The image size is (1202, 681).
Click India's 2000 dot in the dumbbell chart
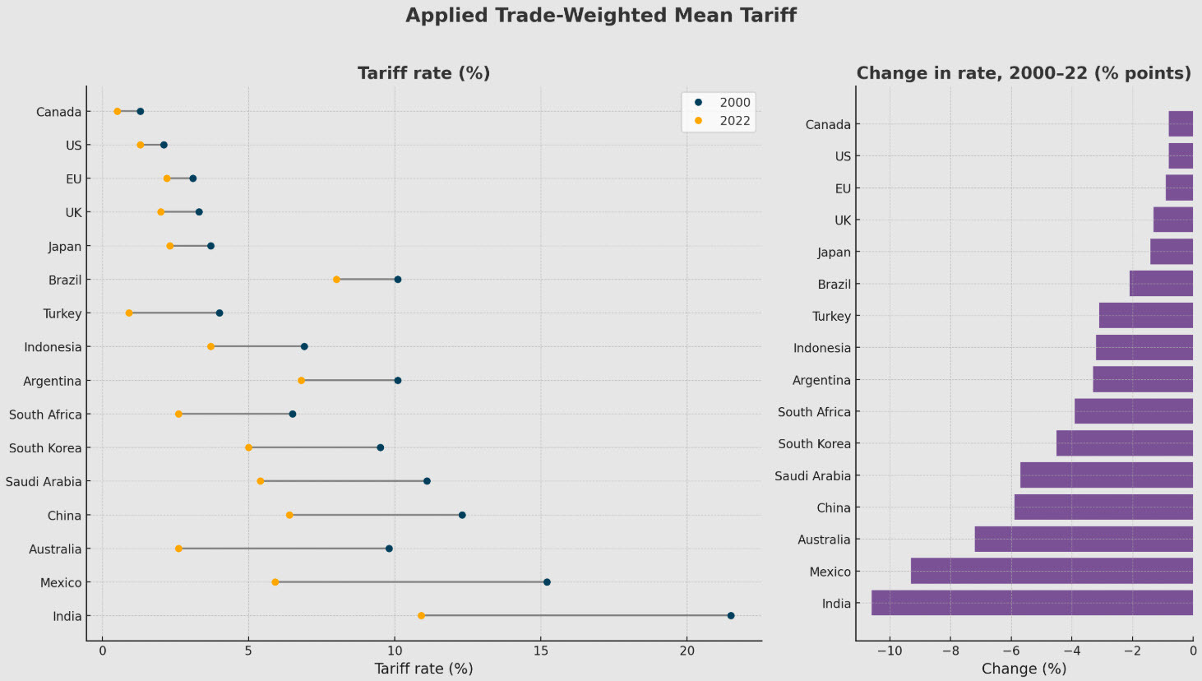coord(730,616)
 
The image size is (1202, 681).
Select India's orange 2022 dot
coord(421,616)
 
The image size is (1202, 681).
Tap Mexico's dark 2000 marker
coord(547,582)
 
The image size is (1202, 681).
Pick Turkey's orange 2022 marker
coord(129,313)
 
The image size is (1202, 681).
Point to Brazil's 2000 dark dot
coord(397,280)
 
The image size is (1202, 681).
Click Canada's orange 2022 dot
coord(118,111)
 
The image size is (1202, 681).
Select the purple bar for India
coord(1032,603)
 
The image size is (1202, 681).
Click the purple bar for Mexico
coord(1052,571)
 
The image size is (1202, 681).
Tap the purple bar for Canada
coord(1181,124)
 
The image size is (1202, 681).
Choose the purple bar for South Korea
coord(1124,443)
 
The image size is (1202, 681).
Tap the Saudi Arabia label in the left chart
coord(44,482)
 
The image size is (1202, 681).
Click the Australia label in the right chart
coord(824,540)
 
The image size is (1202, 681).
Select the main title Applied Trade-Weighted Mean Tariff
coord(600,16)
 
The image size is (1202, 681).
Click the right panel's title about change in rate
coord(1024,73)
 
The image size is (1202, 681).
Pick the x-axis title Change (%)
coord(1024,669)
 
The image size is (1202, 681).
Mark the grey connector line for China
coord(376,515)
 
